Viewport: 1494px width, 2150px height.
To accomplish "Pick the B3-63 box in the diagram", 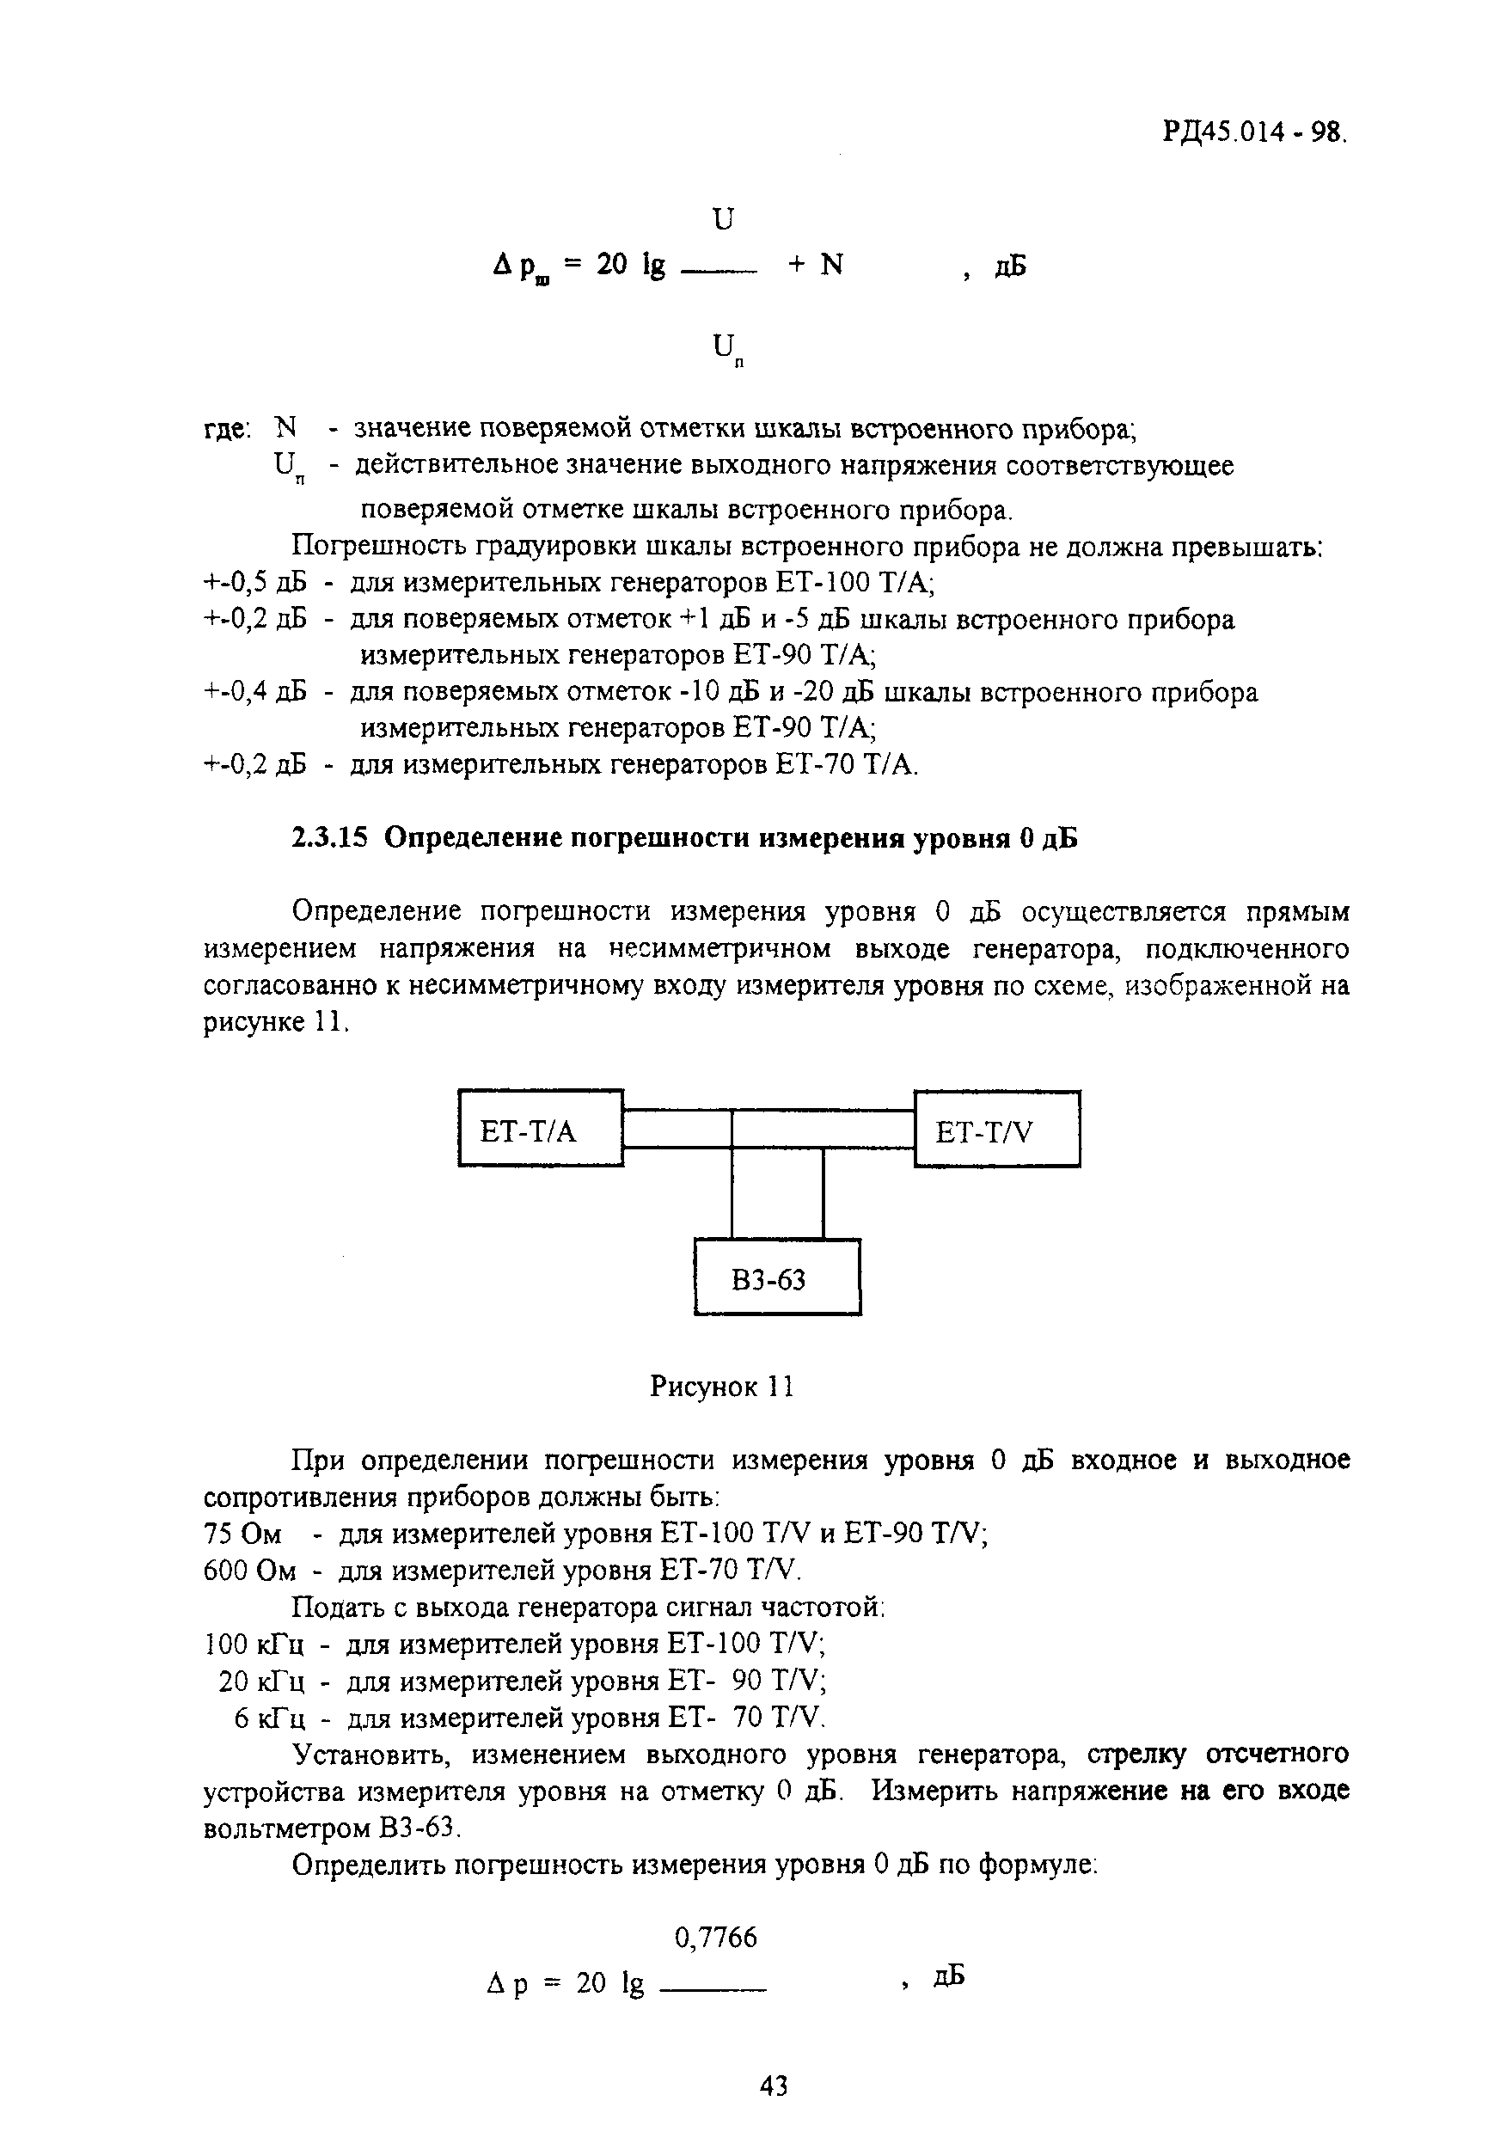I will pos(777,1279).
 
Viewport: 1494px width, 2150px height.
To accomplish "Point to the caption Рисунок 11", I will pos(722,1387).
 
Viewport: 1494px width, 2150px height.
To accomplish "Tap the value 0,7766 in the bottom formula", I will pos(715,1937).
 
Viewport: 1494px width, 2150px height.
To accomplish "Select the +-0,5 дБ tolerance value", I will pos(255,584).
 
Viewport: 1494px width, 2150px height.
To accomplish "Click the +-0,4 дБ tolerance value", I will pos(255,693).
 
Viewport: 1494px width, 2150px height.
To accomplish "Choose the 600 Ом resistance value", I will pos(249,1571).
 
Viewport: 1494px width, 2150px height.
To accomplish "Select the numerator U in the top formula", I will pos(724,219).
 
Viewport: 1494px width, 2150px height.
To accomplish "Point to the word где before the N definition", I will pos(227,430).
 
